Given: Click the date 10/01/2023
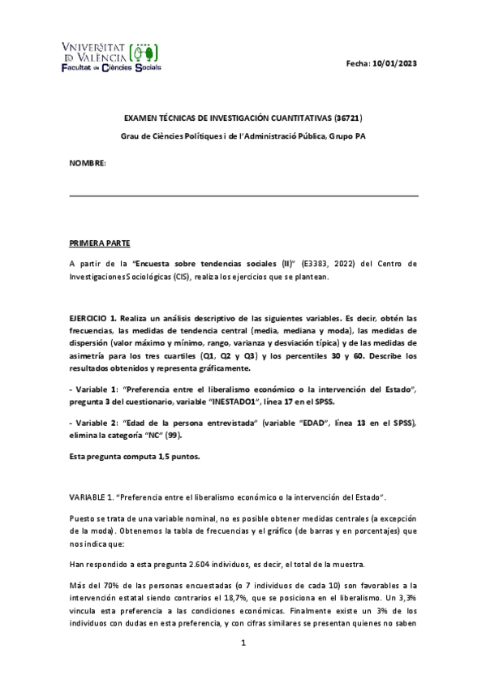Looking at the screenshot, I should tap(395, 63).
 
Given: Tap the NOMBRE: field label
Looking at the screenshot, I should tap(87, 164).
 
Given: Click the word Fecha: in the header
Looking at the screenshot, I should tap(358, 63).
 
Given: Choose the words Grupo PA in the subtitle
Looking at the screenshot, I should tap(347, 135).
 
